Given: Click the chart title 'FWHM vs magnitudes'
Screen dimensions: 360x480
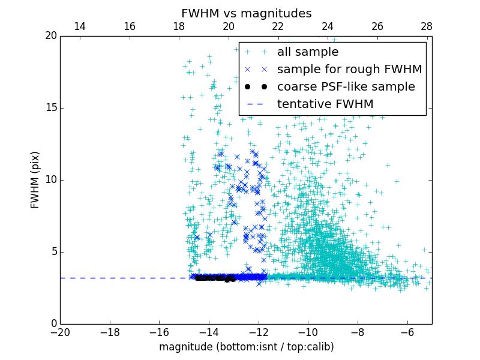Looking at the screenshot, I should pyautogui.click(x=246, y=13).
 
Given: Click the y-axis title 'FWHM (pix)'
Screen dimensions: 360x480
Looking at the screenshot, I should pyautogui.click(x=35, y=180).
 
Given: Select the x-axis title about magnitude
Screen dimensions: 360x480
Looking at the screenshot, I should pyautogui.click(x=246, y=347).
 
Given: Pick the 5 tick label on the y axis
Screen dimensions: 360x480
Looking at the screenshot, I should pyautogui.click(x=53, y=252).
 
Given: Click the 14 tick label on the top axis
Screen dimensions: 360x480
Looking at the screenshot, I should pyautogui.click(x=79, y=26).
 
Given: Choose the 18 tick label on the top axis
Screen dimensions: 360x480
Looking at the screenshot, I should pyautogui.click(x=179, y=26).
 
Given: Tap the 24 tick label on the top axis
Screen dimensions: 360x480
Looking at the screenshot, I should pyautogui.click(x=328, y=26).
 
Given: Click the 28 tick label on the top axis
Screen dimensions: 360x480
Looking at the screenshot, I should pyautogui.click(x=427, y=26).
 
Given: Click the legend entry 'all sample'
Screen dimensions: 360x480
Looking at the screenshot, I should pyautogui.click(x=308, y=52).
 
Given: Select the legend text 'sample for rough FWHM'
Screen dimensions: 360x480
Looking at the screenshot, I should pyautogui.click(x=349, y=70).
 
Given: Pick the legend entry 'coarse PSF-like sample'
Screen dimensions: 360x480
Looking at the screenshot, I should pyautogui.click(x=346, y=87).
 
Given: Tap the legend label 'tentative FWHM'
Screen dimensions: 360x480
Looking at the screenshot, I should pyautogui.click(x=325, y=104).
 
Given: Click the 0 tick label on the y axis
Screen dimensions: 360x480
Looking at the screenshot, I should pyautogui.click(x=53, y=324).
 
